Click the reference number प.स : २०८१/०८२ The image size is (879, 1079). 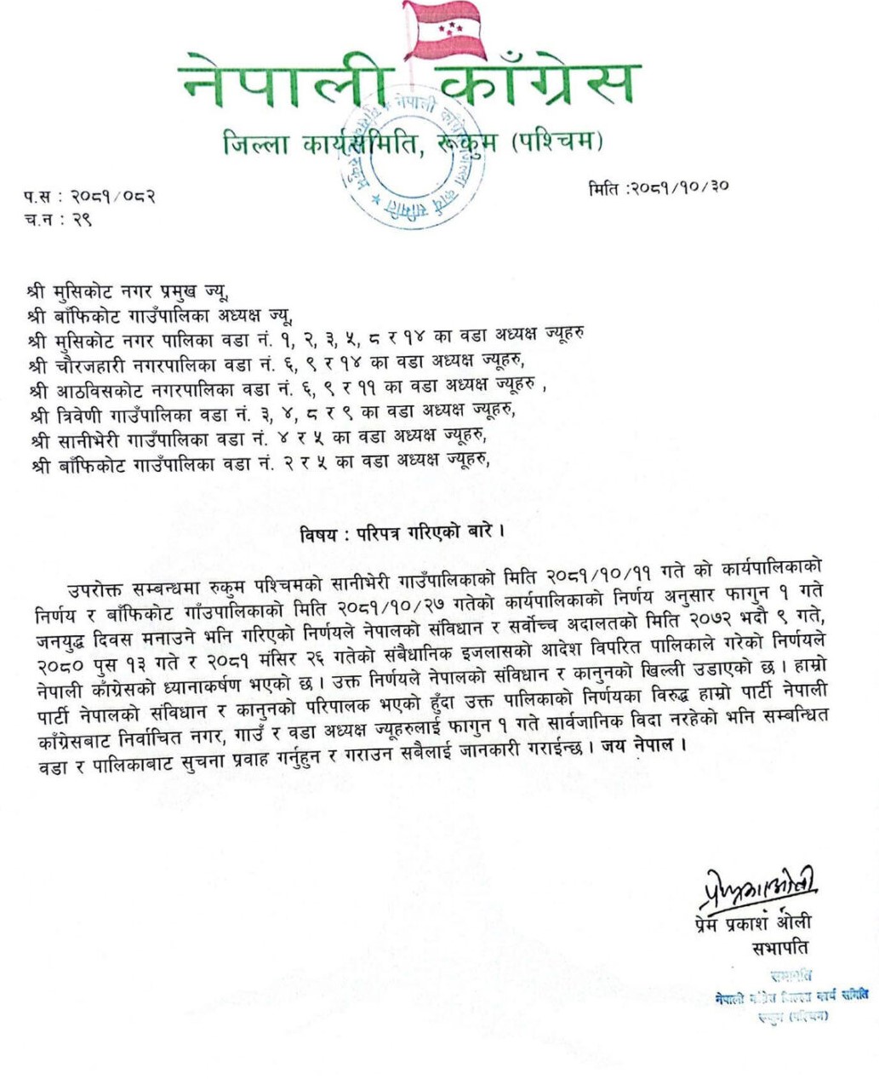[90, 198]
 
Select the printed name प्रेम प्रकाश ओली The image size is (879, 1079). [752, 922]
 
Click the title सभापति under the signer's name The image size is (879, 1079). [779, 947]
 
